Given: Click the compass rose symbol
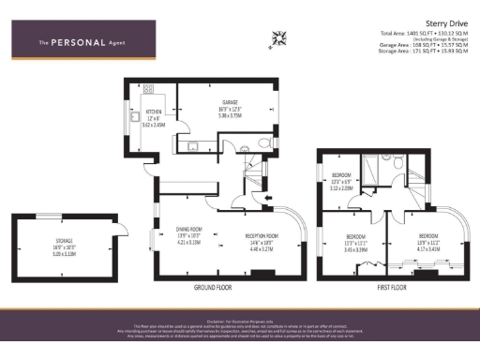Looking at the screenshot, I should click(277, 37).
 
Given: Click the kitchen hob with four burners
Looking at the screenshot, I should click(147, 90).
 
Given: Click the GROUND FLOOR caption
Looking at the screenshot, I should click(214, 286).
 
